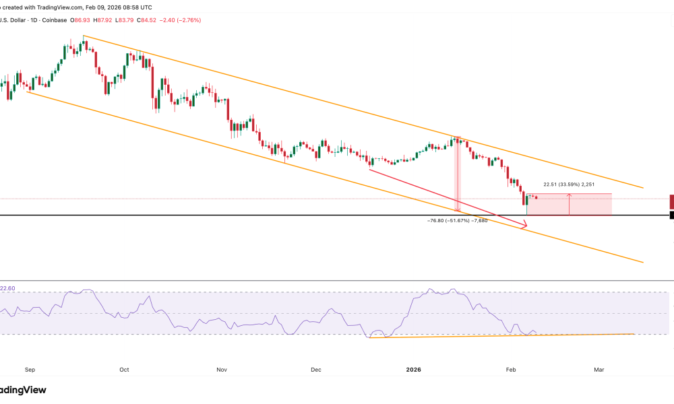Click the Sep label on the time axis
coord(29,370)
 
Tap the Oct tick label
coord(123,370)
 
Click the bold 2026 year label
coord(415,370)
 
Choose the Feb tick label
coord(510,370)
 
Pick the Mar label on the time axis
coord(599,370)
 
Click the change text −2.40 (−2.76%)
coord(180,20)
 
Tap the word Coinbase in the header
coord(59,20)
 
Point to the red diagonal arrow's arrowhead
coord(524,227)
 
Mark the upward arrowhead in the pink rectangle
coord(570,195)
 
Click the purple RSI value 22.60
coord(7,288)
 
